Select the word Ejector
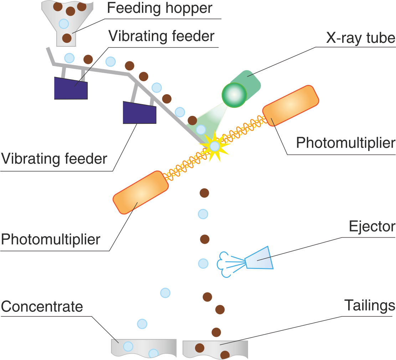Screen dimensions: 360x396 [372, 226]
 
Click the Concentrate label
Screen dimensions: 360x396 [42, 306]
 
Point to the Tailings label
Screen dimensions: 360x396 [370, 305]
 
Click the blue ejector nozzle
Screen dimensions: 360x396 [259, 258]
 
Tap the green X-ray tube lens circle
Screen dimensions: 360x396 [234, 94]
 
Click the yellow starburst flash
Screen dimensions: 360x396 [214, 146]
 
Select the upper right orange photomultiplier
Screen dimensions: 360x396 [290, 105]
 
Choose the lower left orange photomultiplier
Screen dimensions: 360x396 [141, 192]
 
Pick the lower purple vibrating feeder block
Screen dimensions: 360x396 [139, 113]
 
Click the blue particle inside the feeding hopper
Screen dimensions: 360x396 [64, 24]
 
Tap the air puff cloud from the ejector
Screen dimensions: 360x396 [224, 264]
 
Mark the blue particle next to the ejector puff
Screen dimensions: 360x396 [203, 264]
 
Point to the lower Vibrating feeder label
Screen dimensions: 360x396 [54, 158]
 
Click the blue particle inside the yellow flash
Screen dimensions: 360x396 [214, 146]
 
